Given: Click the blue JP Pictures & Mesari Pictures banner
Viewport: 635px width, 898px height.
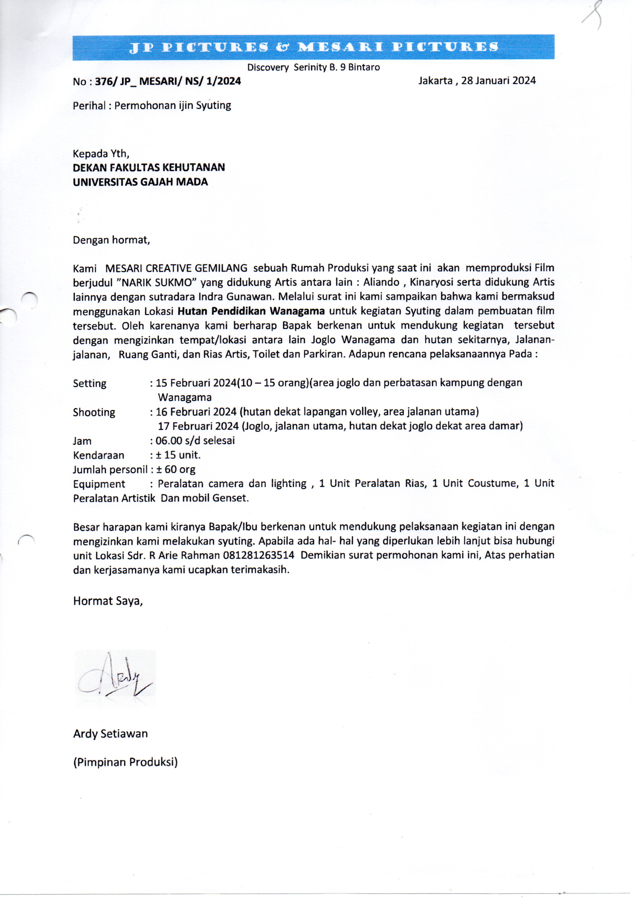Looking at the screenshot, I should click(x=313, y=47).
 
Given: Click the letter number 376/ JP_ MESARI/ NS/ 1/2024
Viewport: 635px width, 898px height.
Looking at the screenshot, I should click(x=168, y=81).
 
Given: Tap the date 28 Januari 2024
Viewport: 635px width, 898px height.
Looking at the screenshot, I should click(x=498, y=81).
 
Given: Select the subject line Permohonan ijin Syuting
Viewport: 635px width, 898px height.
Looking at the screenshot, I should click(x=172, y=106).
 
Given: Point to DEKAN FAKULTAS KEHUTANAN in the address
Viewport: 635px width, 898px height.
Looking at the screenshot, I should click(x=149, y=167).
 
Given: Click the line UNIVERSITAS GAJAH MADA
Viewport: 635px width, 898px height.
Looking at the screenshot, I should click(x=140, y=182).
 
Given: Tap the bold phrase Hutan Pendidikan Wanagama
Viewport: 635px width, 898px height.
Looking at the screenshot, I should click(x=251, y=311).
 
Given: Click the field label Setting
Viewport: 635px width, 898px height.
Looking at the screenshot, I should click(x=89, y=383).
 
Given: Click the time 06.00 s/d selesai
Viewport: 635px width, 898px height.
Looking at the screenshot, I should click(x=195, y=441).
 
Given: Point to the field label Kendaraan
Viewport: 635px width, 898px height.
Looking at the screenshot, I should click(x=99, y=455).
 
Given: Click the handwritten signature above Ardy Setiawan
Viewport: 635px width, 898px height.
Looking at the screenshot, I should click(x=115, y=679).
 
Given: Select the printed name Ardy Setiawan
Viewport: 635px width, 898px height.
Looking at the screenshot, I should click(x=110, y=734).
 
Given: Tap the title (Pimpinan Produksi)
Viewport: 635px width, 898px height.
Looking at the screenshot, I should click(x=126, y=762).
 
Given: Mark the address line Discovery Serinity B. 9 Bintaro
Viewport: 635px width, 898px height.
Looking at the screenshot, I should click(x=313, y=67).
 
